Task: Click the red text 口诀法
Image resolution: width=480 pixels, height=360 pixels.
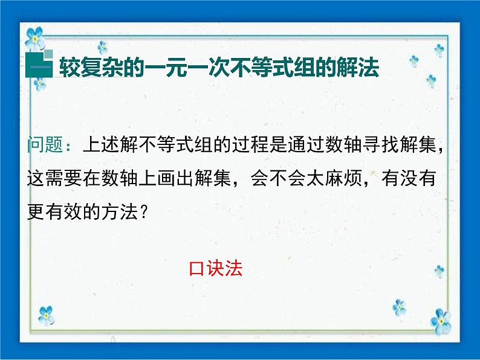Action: coord(216,268)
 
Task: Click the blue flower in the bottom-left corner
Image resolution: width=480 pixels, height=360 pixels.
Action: coord(46,315)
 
